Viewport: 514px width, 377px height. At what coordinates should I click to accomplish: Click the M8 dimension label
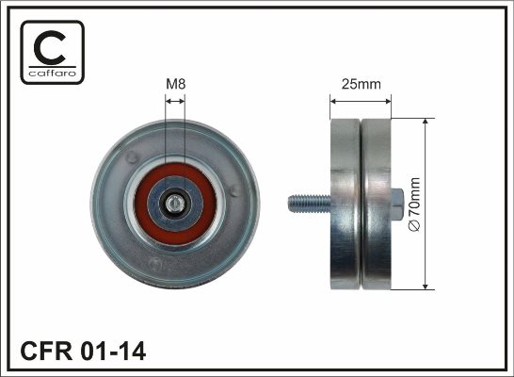(x=176, y=84)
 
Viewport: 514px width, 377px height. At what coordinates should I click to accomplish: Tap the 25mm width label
(x=361, y=84)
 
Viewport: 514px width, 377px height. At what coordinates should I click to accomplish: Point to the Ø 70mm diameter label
(x=414, y=205)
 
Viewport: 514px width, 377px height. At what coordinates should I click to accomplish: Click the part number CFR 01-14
(x=83, y=351)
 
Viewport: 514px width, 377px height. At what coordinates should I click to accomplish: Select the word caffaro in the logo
(x=53, y=73)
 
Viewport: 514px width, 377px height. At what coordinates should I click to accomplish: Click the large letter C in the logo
(x=50, y=47)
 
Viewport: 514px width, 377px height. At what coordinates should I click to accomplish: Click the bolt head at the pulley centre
(x=175, y=204)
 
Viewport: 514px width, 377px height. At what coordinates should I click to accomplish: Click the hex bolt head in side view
(x=397, y=205)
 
